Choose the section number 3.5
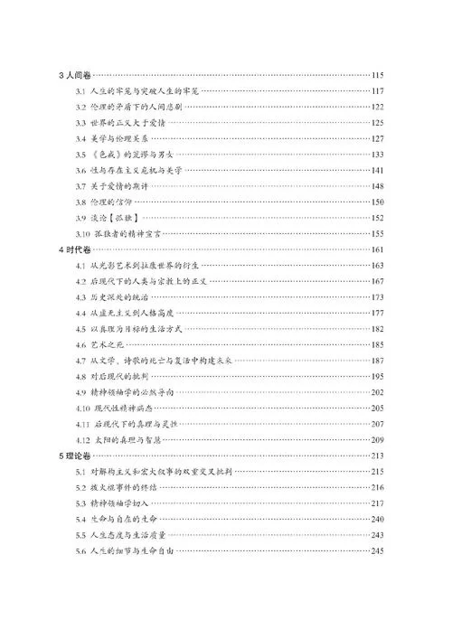point(80,155)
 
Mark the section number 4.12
point(82,438)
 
